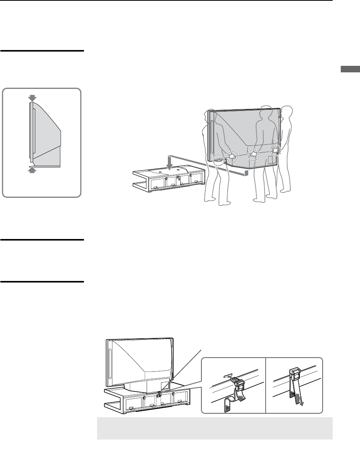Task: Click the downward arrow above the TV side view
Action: [x=32, y=99]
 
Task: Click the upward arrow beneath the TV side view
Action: [x=32, y=170]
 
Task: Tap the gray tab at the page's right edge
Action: [x=350, y=70]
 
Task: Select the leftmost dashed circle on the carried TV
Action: [x=218, y=160]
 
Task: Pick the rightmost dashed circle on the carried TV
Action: [x=276, y=150]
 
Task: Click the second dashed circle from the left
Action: [x=232, y=157]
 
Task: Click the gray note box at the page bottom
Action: [x=214, y=428]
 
